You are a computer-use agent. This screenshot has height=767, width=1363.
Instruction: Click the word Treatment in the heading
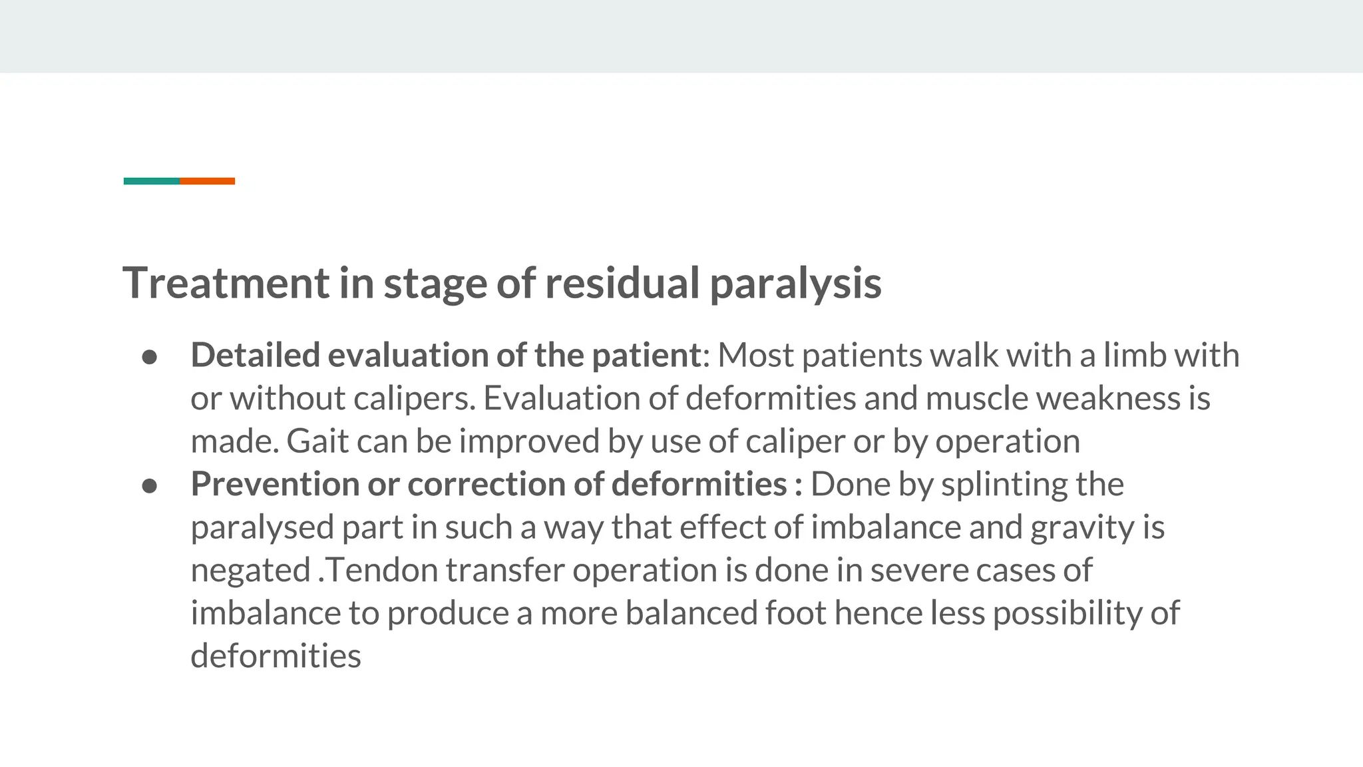click(226, 283)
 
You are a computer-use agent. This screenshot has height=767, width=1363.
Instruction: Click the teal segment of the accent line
click(152, 181)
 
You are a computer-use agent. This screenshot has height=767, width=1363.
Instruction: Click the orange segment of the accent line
click(207, 181)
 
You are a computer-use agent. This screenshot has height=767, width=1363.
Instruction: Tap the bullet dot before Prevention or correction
click(150, 486)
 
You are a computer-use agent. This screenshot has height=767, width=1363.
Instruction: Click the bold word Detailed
click(255, 355)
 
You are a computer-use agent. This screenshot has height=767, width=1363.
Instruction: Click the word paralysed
click(262, 528)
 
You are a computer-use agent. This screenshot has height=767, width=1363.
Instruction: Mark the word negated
click(251, 571)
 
